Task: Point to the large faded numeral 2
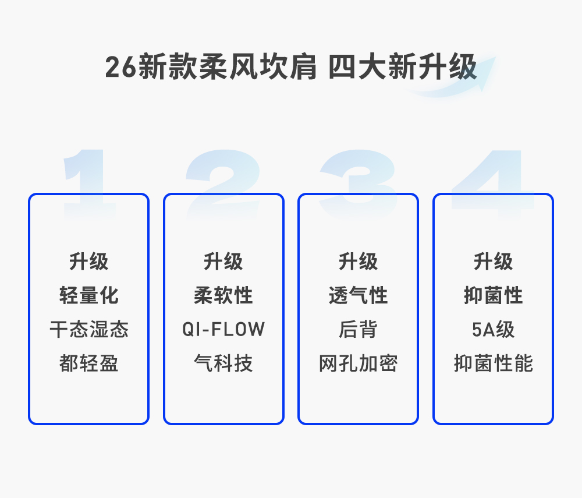click(x=222, y=181)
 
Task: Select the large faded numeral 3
click(x=359, y=181)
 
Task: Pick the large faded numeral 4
click(x=492, y=181)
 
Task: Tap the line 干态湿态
click(x=89, y=330)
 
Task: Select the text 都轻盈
click(x=89, y=363)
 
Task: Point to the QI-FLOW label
click(x=223, y=330)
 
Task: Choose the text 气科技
click(x=223, y=363)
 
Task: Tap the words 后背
click(x=359, y=330)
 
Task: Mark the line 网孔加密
click(x=359, y=363)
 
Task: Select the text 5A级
click(x=494, y=330)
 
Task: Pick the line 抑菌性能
click(x=494, y=363)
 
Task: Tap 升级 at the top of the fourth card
click(x=494, y=262)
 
